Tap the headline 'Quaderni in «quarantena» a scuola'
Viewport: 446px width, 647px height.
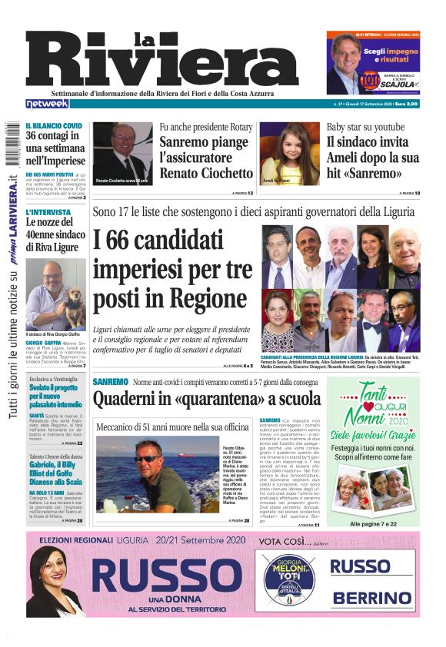[x=206, y=399]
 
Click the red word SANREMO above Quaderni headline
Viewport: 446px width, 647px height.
[x=111, y=382]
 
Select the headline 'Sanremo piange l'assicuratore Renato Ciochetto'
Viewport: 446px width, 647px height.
[x=205, y=158]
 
